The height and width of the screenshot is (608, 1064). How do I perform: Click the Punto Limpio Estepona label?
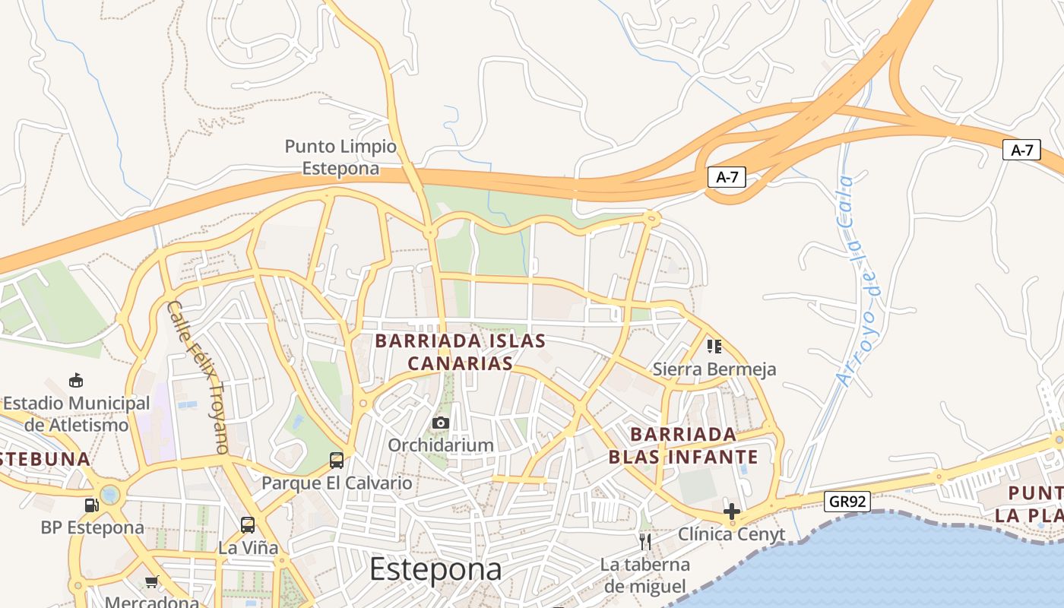click(340, 157)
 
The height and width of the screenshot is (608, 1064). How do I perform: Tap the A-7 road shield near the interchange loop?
click(727, 178)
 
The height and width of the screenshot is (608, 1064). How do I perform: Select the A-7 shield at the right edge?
click(1021, 150)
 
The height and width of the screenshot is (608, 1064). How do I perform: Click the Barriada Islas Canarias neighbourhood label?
click(460, 352)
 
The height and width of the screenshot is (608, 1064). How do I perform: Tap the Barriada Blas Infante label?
click(682, 445)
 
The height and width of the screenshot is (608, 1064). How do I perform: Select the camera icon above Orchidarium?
click(441, 423)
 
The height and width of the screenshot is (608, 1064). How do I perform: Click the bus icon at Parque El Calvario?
click(337, 460)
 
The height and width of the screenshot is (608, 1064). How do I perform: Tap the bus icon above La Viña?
click(248, 524)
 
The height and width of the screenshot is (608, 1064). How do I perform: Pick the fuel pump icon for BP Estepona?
click(91, 505)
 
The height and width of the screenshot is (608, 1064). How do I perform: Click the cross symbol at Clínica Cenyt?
click(732, 511)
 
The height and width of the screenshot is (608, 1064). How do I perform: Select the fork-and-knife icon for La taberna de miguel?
click(645, 541)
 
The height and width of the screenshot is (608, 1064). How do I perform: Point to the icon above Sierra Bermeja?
click(714, 347)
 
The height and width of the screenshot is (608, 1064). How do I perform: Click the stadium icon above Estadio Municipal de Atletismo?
click(76, 380)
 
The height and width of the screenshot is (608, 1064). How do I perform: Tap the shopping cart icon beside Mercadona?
click(151, 582)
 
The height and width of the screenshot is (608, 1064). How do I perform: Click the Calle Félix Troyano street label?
click(198, 376)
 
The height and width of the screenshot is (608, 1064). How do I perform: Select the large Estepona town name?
click(435, 569)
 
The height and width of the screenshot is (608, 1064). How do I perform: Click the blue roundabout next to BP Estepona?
click(110, 496)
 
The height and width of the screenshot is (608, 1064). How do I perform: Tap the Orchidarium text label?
click(441, 445)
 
